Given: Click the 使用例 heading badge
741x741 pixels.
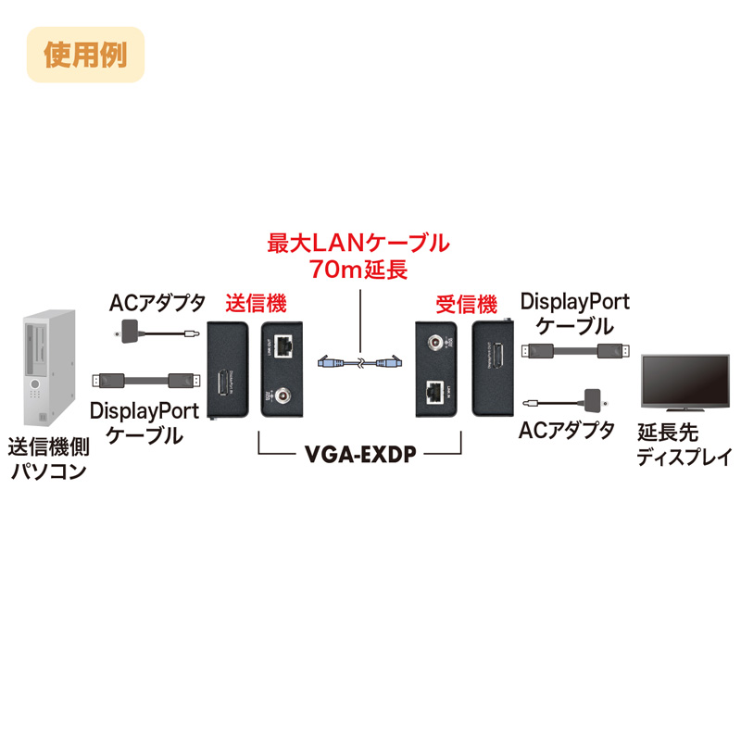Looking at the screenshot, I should [84, 53].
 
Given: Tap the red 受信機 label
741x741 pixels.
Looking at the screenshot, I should [467, 303].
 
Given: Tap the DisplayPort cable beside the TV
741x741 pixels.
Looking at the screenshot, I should [574, 350].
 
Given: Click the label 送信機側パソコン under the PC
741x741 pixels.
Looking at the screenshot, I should [46, 460].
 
